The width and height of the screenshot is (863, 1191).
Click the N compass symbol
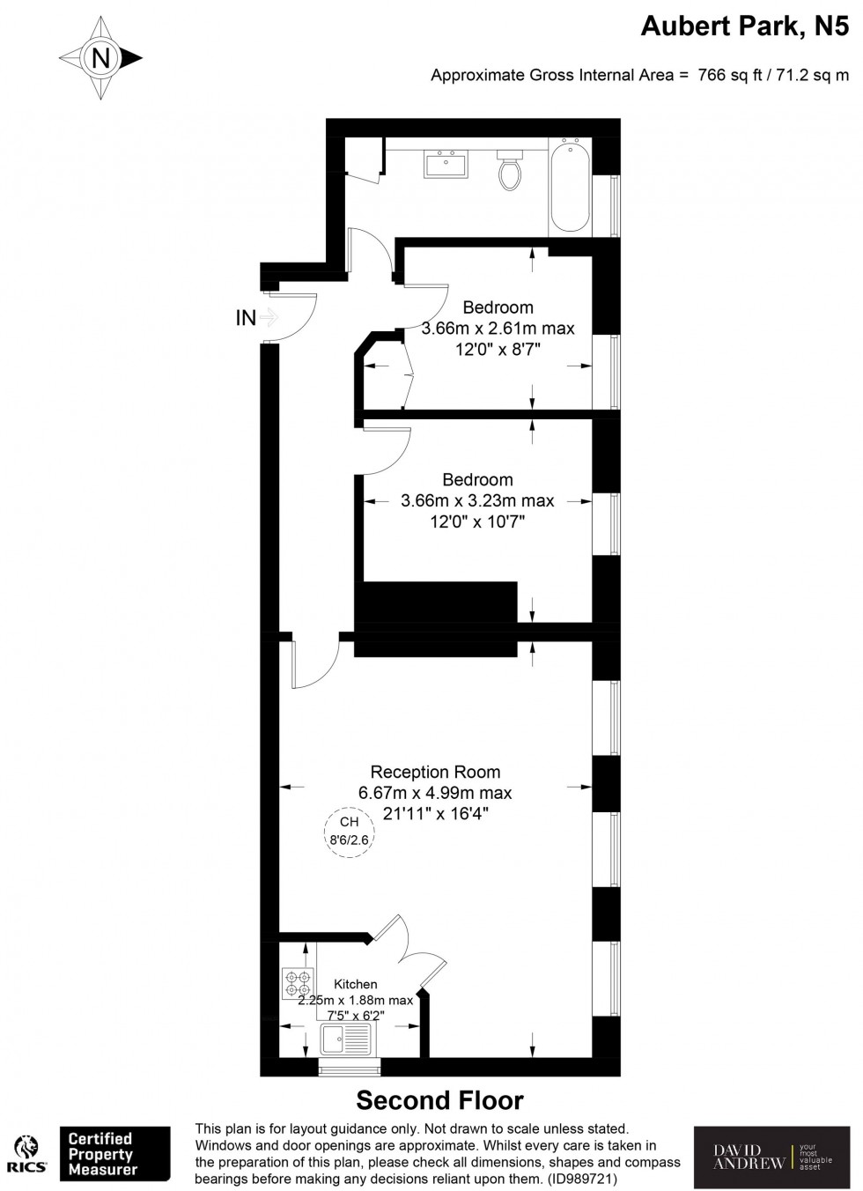[x=100, y=58]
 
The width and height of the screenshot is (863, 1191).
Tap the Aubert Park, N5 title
[x=744, y=27]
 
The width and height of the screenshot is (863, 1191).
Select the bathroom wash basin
[x=447, y=164]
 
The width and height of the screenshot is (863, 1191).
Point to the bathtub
[x=570, y=186]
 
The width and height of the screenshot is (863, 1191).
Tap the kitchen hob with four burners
[x=298, y=983]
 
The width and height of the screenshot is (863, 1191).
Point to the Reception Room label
[x=435, y=772]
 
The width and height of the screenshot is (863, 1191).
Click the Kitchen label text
[x=356, y=984]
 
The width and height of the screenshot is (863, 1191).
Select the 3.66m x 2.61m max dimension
[x=498, y=329]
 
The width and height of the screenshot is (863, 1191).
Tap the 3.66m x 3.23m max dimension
[x=477, y=500]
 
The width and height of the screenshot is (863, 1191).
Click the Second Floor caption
[x=439, y=1100]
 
